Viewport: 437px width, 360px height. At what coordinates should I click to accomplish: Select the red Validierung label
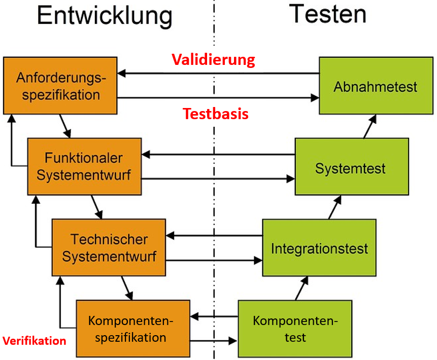pyautogui.click(x=213, y=60)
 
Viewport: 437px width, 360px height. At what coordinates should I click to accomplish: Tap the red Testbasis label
pyautogui.click(x=216, y=114)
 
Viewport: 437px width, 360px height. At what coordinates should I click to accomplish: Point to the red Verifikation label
pyautogui.click(x=35, y=341)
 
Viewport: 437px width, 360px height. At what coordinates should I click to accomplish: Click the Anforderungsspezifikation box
pyautogui.click(x=60, y=86)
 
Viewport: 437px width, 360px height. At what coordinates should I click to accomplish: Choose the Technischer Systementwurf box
pyautogui.click(x=109, y=247)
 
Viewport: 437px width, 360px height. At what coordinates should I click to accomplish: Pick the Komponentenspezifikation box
pyautogui.click(x=132, y=329)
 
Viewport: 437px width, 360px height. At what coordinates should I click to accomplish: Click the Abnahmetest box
pyautogui.click(x=375, y=86)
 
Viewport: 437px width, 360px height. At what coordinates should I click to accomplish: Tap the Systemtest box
pyautogui.click(x=351, y=167)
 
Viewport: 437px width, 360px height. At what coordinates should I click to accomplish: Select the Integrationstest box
pyautogui.click(x=319, y=248)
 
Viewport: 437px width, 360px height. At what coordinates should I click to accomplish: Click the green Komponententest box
pyautogui.click(x=294, y=329)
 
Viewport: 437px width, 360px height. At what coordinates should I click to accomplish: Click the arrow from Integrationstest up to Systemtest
pyautogui.click(x=335, y=207)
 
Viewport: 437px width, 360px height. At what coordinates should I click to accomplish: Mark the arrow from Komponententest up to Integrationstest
pyautogui.click(x=301, y=287)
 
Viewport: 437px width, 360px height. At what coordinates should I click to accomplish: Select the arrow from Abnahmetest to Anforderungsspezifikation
pyautogui.click(x=218, y=74)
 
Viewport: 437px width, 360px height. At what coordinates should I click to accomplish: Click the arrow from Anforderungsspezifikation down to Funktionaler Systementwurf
pyautogui.click(x=64, y=126)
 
